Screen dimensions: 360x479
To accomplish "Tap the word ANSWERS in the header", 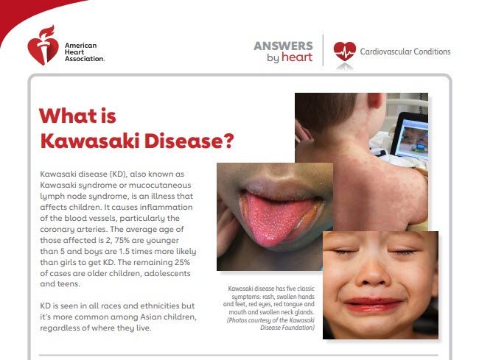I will click(283, 45).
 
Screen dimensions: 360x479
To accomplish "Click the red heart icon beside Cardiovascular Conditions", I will click(344, 52).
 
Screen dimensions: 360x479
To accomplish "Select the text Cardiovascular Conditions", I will click(405, 52).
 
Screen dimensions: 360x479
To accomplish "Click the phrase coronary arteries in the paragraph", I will click(74, 228).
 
